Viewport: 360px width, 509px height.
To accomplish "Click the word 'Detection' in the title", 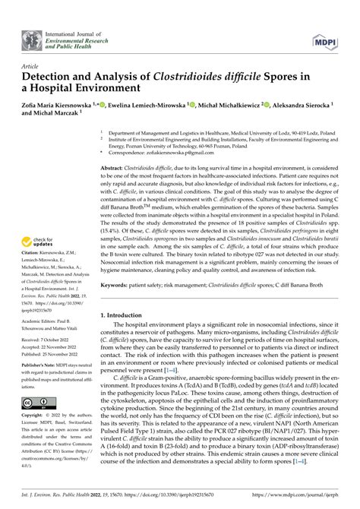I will click(x=55, y=77).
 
